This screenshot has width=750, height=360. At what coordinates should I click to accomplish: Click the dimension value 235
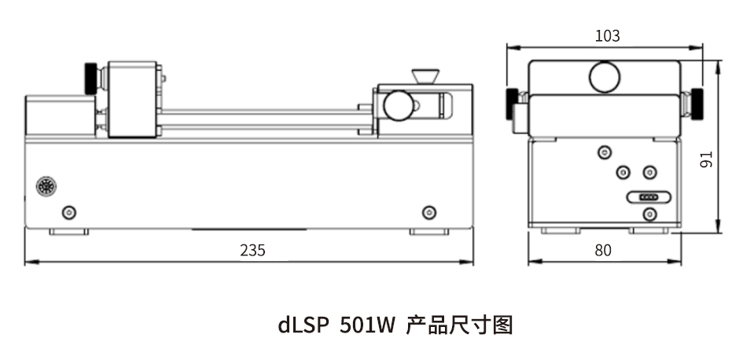(x=252, y=250)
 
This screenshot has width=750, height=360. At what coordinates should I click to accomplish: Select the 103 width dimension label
(x=607, y=36)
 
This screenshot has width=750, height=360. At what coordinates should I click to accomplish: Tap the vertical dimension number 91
(x=707, y=160)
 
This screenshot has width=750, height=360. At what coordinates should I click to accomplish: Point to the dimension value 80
(x=603, y=250)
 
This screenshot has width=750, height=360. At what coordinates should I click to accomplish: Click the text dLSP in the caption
(x=303, y=325)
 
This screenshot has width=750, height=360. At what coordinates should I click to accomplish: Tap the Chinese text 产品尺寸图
(x=459, y=325)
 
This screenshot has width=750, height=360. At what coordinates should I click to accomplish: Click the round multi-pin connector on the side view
(x=46, y=186)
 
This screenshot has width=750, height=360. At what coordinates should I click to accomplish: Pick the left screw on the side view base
(x=69, y=211)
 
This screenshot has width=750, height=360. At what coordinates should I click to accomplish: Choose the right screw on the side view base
(x=429, y=211)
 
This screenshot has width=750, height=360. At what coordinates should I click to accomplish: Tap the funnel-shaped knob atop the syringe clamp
(x=425, y=76)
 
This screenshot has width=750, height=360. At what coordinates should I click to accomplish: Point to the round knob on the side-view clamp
(x=399, y=105)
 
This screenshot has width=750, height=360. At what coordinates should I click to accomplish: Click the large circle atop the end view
(x=605, y=77)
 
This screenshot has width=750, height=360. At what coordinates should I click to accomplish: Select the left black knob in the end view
(x=511, y=105)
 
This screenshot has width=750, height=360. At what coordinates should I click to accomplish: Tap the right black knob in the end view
(x=697, y=105)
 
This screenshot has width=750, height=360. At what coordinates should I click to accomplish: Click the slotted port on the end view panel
(x=649, y=197)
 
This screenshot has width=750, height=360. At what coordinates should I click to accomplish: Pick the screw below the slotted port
(x=649, y=214)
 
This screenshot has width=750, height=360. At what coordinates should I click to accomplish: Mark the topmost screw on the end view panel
(x=605, y=152)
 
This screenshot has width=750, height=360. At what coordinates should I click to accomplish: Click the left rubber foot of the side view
(x=69, y=232)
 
